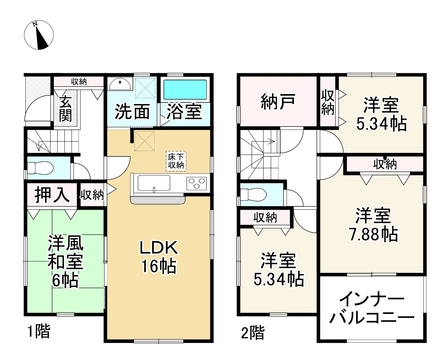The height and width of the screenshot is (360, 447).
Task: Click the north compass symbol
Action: click(39, 36)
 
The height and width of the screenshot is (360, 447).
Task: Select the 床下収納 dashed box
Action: click(176, 161)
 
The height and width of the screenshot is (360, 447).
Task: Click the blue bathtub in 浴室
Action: click(185, 90)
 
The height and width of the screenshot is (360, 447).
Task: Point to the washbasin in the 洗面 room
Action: click(120, 85)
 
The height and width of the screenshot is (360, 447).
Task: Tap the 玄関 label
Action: click(65, 109)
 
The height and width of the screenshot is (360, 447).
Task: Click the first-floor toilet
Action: click(40, 167)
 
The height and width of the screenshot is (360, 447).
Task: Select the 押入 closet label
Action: click(52, 195)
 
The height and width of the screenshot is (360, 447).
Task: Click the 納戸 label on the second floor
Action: click(278, 101)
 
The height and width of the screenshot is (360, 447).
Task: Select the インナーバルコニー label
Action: click(371, 309)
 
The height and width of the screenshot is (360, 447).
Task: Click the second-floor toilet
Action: click(253, 195)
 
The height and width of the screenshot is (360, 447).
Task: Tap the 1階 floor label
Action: click(39, 331)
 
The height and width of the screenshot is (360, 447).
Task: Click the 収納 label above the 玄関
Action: click(79, 82)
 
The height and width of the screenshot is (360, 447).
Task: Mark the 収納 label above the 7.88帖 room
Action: click(385, 164)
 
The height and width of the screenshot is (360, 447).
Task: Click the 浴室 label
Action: click(184, 111)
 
